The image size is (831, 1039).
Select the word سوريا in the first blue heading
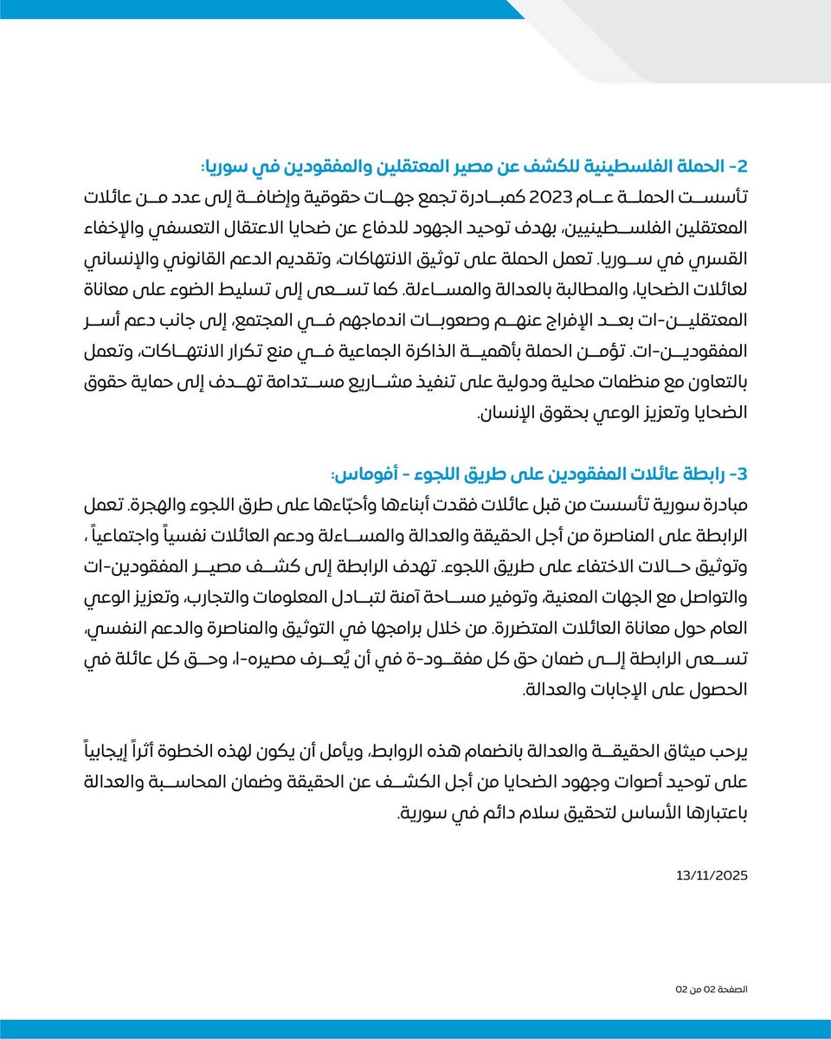click(230, 166)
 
